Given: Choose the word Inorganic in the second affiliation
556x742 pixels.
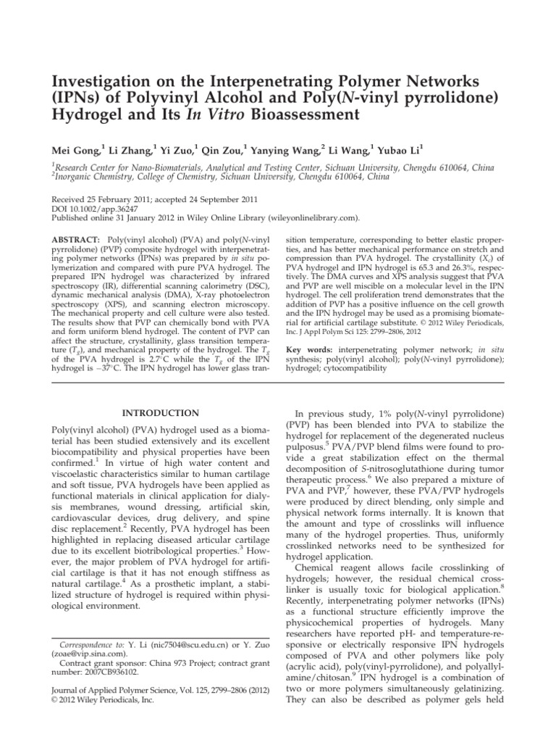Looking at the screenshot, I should [75, 176].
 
